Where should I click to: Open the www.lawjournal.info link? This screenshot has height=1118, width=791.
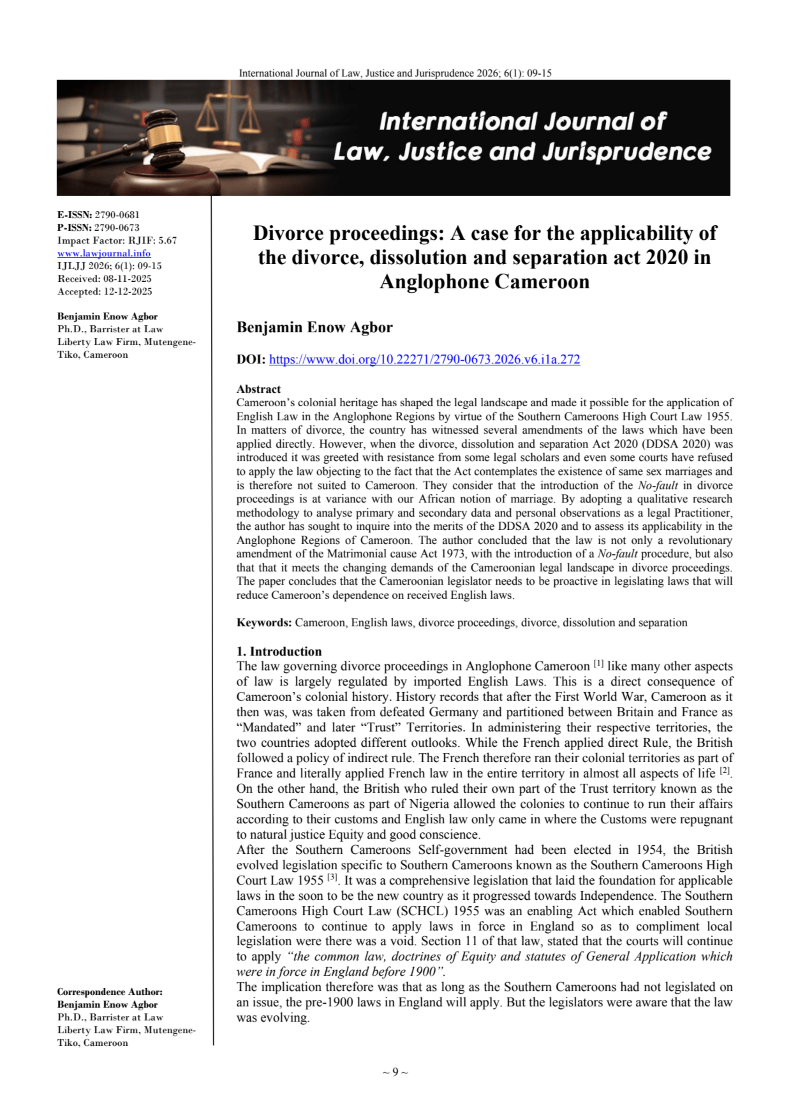coord(104,253)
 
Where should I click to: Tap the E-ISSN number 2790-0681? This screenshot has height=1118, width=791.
coord(117,215)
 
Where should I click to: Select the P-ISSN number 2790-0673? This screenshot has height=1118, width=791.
coord(117,228)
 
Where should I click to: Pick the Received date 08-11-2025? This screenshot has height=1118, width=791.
coord(127,279)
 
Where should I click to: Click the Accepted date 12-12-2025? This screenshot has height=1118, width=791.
coord(128,291)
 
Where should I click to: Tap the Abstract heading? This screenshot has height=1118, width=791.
coord(258,389)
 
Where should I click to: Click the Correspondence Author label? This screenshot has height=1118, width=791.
coord(110,992)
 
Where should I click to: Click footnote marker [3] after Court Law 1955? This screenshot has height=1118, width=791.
coord(332,877)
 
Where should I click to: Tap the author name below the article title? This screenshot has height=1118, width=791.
coord(314,327)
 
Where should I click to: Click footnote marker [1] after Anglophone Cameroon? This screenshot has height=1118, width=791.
coord(598,663)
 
